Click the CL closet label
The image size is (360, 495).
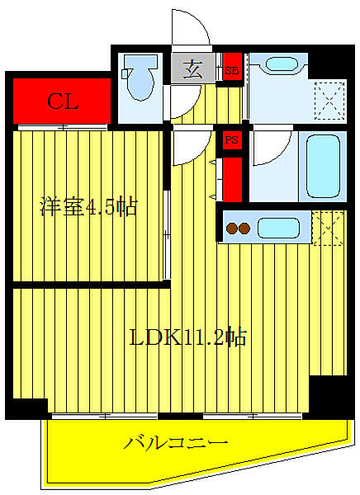(62, 102)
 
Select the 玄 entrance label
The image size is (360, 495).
(192, 70)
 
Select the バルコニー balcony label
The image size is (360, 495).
(176, 444)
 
